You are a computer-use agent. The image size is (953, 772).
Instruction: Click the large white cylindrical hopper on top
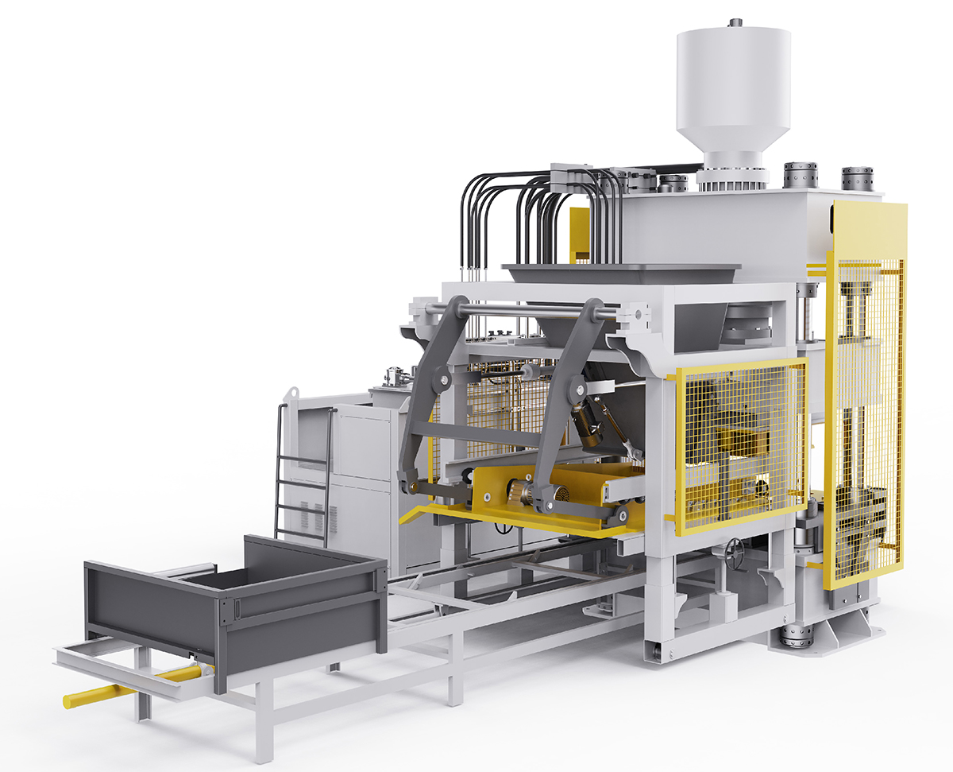tap(732, 87)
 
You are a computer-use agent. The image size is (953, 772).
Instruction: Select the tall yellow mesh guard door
tap(866, 398)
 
